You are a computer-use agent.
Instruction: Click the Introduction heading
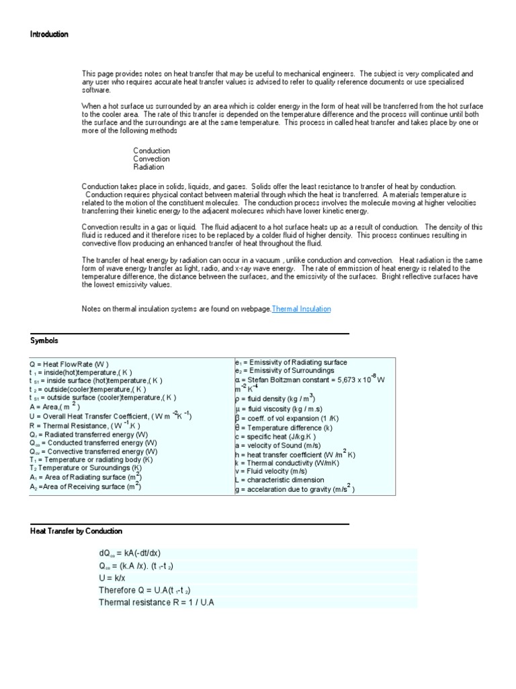(x=49, y=34)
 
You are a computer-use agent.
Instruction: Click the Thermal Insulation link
(x=301, y=309)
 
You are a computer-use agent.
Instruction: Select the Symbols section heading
(x=44, y=341)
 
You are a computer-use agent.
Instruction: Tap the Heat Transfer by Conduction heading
(x=76, y=531)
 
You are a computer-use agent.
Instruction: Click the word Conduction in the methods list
(x=151, y=151)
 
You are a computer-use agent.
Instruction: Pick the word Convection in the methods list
(x=151, y=159)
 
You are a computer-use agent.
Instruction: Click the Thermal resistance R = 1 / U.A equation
(x=156, y=602)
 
